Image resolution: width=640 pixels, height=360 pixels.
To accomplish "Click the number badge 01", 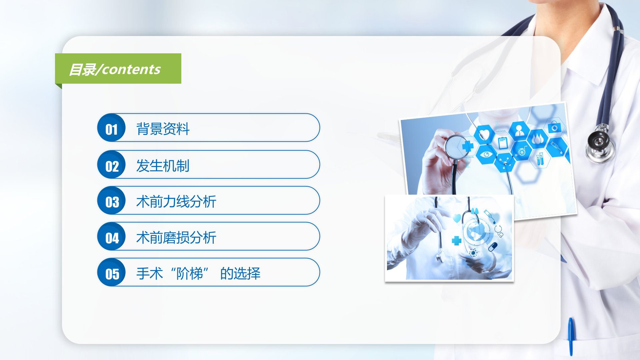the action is [x=111, y=128].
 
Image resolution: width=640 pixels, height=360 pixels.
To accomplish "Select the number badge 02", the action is [x=111, y=164].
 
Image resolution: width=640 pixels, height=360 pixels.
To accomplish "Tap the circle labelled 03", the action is [x=111, y=200].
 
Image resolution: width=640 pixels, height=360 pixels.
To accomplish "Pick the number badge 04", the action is [x=111, y=236].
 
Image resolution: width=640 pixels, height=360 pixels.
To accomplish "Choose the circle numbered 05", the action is [x=111, y=272].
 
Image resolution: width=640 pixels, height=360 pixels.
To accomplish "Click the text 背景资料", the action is [x=163, y=129].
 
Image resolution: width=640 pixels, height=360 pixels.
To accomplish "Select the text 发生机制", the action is [x=163, y=166].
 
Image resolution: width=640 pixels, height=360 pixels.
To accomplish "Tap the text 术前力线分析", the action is [x=176, y=202].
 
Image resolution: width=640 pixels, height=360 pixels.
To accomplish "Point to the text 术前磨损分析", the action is [x=176, y=238].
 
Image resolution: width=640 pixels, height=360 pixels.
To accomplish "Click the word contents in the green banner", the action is [x=132, y=69].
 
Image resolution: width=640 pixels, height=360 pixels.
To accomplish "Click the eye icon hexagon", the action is [x=486, y=154].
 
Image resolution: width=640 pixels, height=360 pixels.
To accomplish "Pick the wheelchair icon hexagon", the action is [x=522, y=151].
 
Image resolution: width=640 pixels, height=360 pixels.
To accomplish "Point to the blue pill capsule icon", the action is [x=492, y=247].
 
